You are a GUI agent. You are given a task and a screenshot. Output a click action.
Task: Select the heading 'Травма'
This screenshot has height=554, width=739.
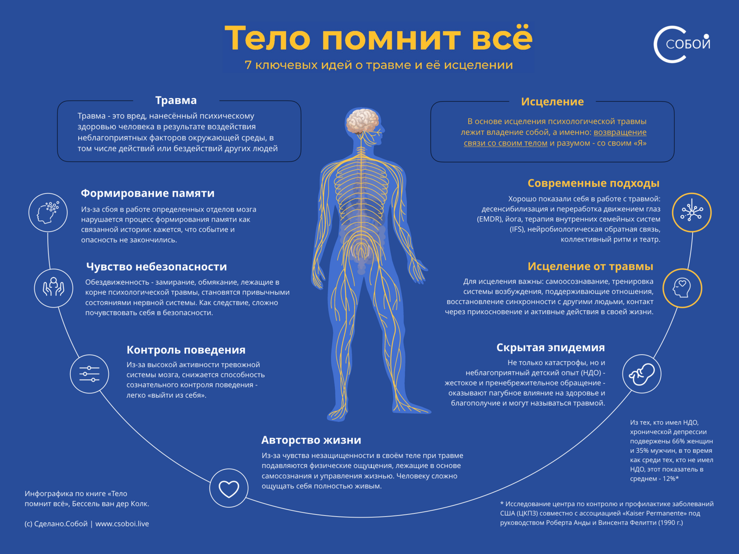click(176, 100)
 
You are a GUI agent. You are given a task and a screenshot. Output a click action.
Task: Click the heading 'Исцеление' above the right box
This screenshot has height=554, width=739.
click(552, 102)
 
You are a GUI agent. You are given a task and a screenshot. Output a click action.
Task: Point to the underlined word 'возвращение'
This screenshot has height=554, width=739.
click(620, 132)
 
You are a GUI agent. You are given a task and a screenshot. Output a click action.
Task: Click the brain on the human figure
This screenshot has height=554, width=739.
click(362, 120)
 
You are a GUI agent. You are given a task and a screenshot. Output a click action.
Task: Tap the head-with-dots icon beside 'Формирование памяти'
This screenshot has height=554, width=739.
click(48, 213)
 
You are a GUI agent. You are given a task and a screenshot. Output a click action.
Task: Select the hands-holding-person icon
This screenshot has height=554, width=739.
click(54, 288)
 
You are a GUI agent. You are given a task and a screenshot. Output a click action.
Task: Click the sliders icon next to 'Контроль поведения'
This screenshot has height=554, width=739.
click(89, 374)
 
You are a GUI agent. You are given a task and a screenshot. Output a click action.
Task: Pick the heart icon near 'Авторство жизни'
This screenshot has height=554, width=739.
click(229, 488)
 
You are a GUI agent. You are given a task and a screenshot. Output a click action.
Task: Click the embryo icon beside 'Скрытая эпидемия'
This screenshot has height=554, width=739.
click(641, 374)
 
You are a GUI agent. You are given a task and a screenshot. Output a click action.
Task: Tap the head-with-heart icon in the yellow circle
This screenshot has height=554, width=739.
click(682, 288)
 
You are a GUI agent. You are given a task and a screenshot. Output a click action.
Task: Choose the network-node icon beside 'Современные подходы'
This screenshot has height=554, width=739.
click(692, 213)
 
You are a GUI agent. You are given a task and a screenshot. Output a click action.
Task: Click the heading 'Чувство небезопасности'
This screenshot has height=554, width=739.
click(156, 267)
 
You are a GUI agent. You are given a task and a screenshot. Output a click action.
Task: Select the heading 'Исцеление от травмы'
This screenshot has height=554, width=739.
click(590, 266)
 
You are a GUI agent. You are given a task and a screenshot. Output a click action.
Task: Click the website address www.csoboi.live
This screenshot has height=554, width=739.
click(122, 524)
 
